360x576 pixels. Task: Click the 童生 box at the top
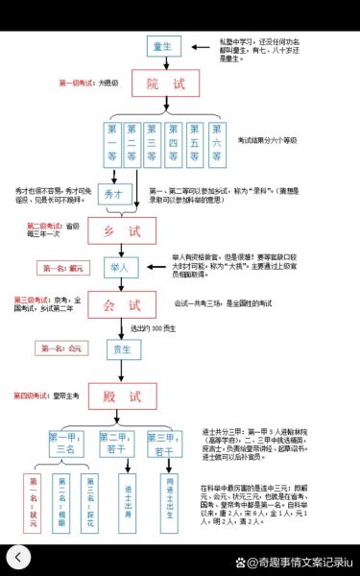[162, 47]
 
